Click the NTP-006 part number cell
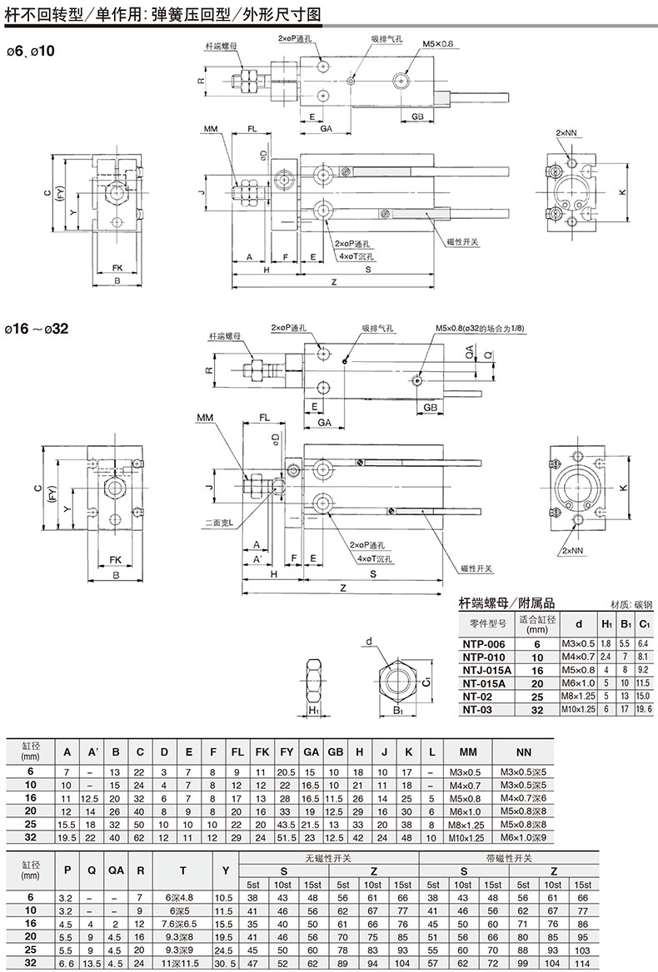point(484,644)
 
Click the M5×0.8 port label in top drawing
point(438,44)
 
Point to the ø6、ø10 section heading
point(30,51)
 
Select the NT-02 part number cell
point(477,697)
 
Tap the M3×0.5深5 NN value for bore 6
point(523,771)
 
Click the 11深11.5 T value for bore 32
point(182,964)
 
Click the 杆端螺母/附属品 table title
point(506,603)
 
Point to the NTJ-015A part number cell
point(487,670)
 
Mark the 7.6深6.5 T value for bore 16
point(182,924)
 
